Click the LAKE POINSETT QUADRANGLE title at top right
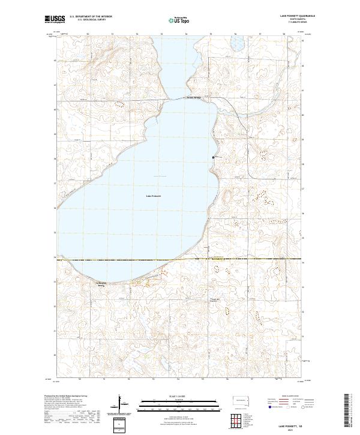coord(286,16)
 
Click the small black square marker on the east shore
coord(213,157)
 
